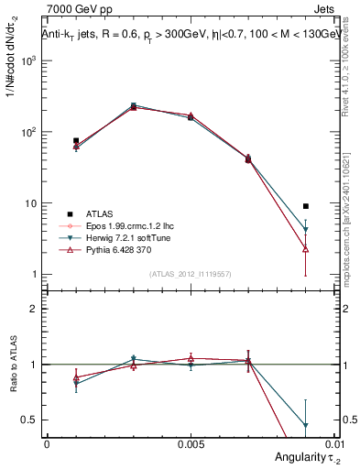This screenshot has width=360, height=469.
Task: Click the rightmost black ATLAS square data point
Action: click(x=305, y=206)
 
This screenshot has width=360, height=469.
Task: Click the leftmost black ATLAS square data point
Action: click(x=75, y=141)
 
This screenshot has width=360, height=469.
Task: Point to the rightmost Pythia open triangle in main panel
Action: click(x=305, y=249)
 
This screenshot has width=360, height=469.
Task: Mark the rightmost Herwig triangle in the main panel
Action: click(x=305, y=230)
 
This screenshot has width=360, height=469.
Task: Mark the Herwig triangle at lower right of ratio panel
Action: click(x=305, y=425)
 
